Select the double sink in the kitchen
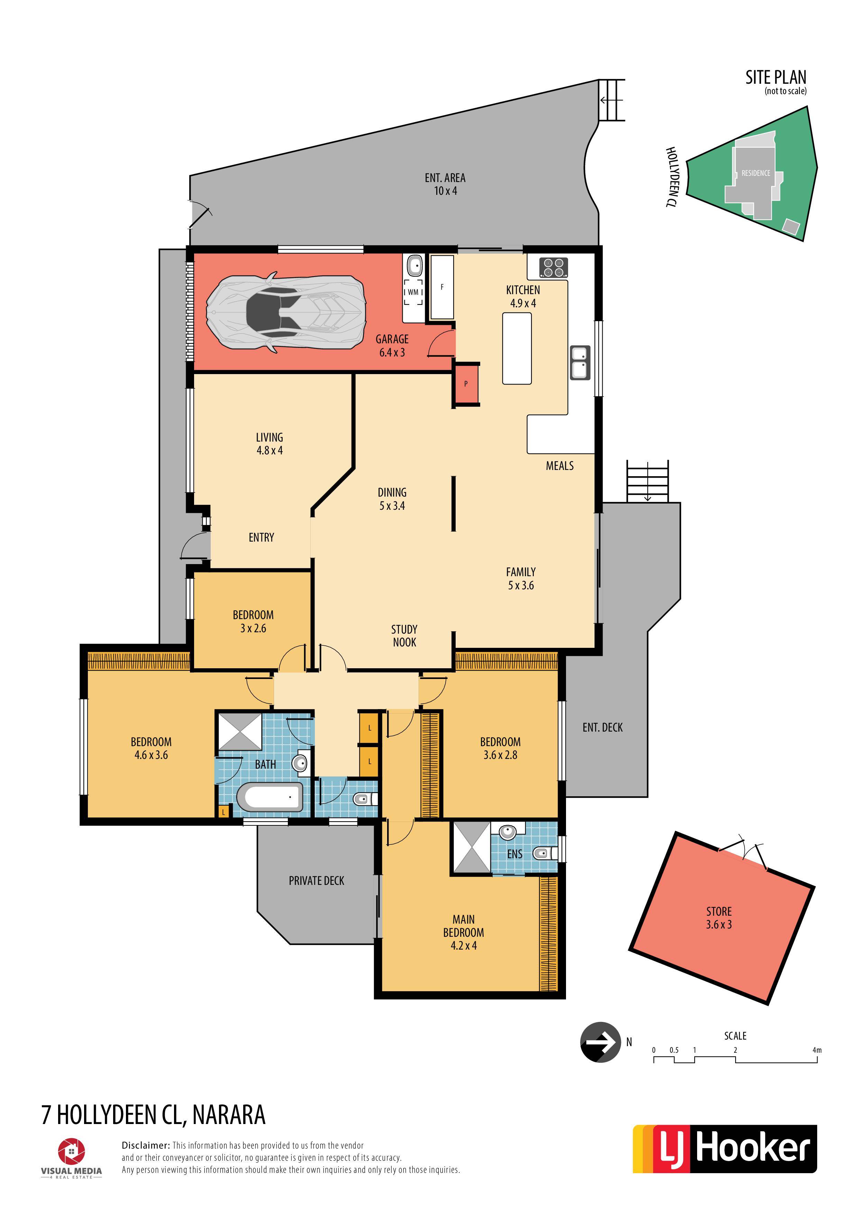[580, 362]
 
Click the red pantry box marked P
[466, 384]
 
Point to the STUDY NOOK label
[404, 636]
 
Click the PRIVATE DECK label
[316, 880]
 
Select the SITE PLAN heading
[776, 78]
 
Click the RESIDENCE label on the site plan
[756, 173]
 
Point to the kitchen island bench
[517, 348]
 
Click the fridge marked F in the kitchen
[442, 287]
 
